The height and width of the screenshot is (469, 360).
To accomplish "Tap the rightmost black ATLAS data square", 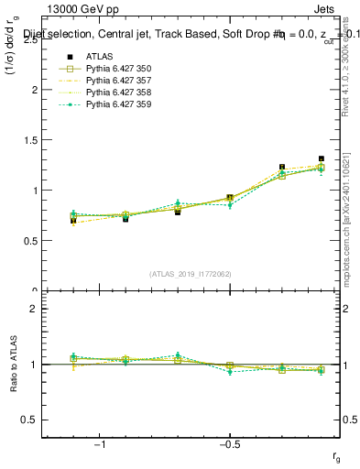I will tap(321, 158).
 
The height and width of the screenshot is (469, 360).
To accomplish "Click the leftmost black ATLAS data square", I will tap(73, 221).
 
